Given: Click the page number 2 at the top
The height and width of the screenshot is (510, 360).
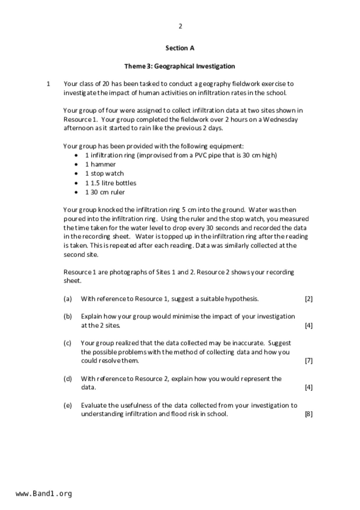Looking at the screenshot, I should click(180, 26).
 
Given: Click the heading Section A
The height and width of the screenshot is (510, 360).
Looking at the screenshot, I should click(180, 48).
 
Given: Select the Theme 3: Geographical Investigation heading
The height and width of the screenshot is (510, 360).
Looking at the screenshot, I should click(180, 66).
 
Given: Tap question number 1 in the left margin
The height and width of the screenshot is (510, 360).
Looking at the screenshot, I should click(48, 84).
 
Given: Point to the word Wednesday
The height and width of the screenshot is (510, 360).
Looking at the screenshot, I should click(280, 120).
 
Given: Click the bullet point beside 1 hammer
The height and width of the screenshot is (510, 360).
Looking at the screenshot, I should click(76, 165).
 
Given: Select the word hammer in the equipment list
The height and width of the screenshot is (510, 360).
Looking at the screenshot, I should click(103, 165).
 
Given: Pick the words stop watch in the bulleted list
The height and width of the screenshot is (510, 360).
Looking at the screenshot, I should click(107, 174).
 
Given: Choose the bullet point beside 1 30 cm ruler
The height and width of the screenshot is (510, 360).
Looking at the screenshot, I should click(76, 192).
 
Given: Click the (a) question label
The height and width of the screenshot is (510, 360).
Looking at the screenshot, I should click(67, 299).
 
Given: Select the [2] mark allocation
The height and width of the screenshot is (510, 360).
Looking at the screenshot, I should click(309, 299).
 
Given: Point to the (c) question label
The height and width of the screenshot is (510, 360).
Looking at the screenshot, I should click(67, 343).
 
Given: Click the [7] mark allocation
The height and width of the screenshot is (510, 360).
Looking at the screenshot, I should click(309, 361).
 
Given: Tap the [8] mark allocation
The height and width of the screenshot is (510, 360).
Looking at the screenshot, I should click(309, 414).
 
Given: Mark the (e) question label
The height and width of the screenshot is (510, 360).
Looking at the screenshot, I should click(67, 405).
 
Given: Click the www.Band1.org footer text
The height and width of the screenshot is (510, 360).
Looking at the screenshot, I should click(44, 494).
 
